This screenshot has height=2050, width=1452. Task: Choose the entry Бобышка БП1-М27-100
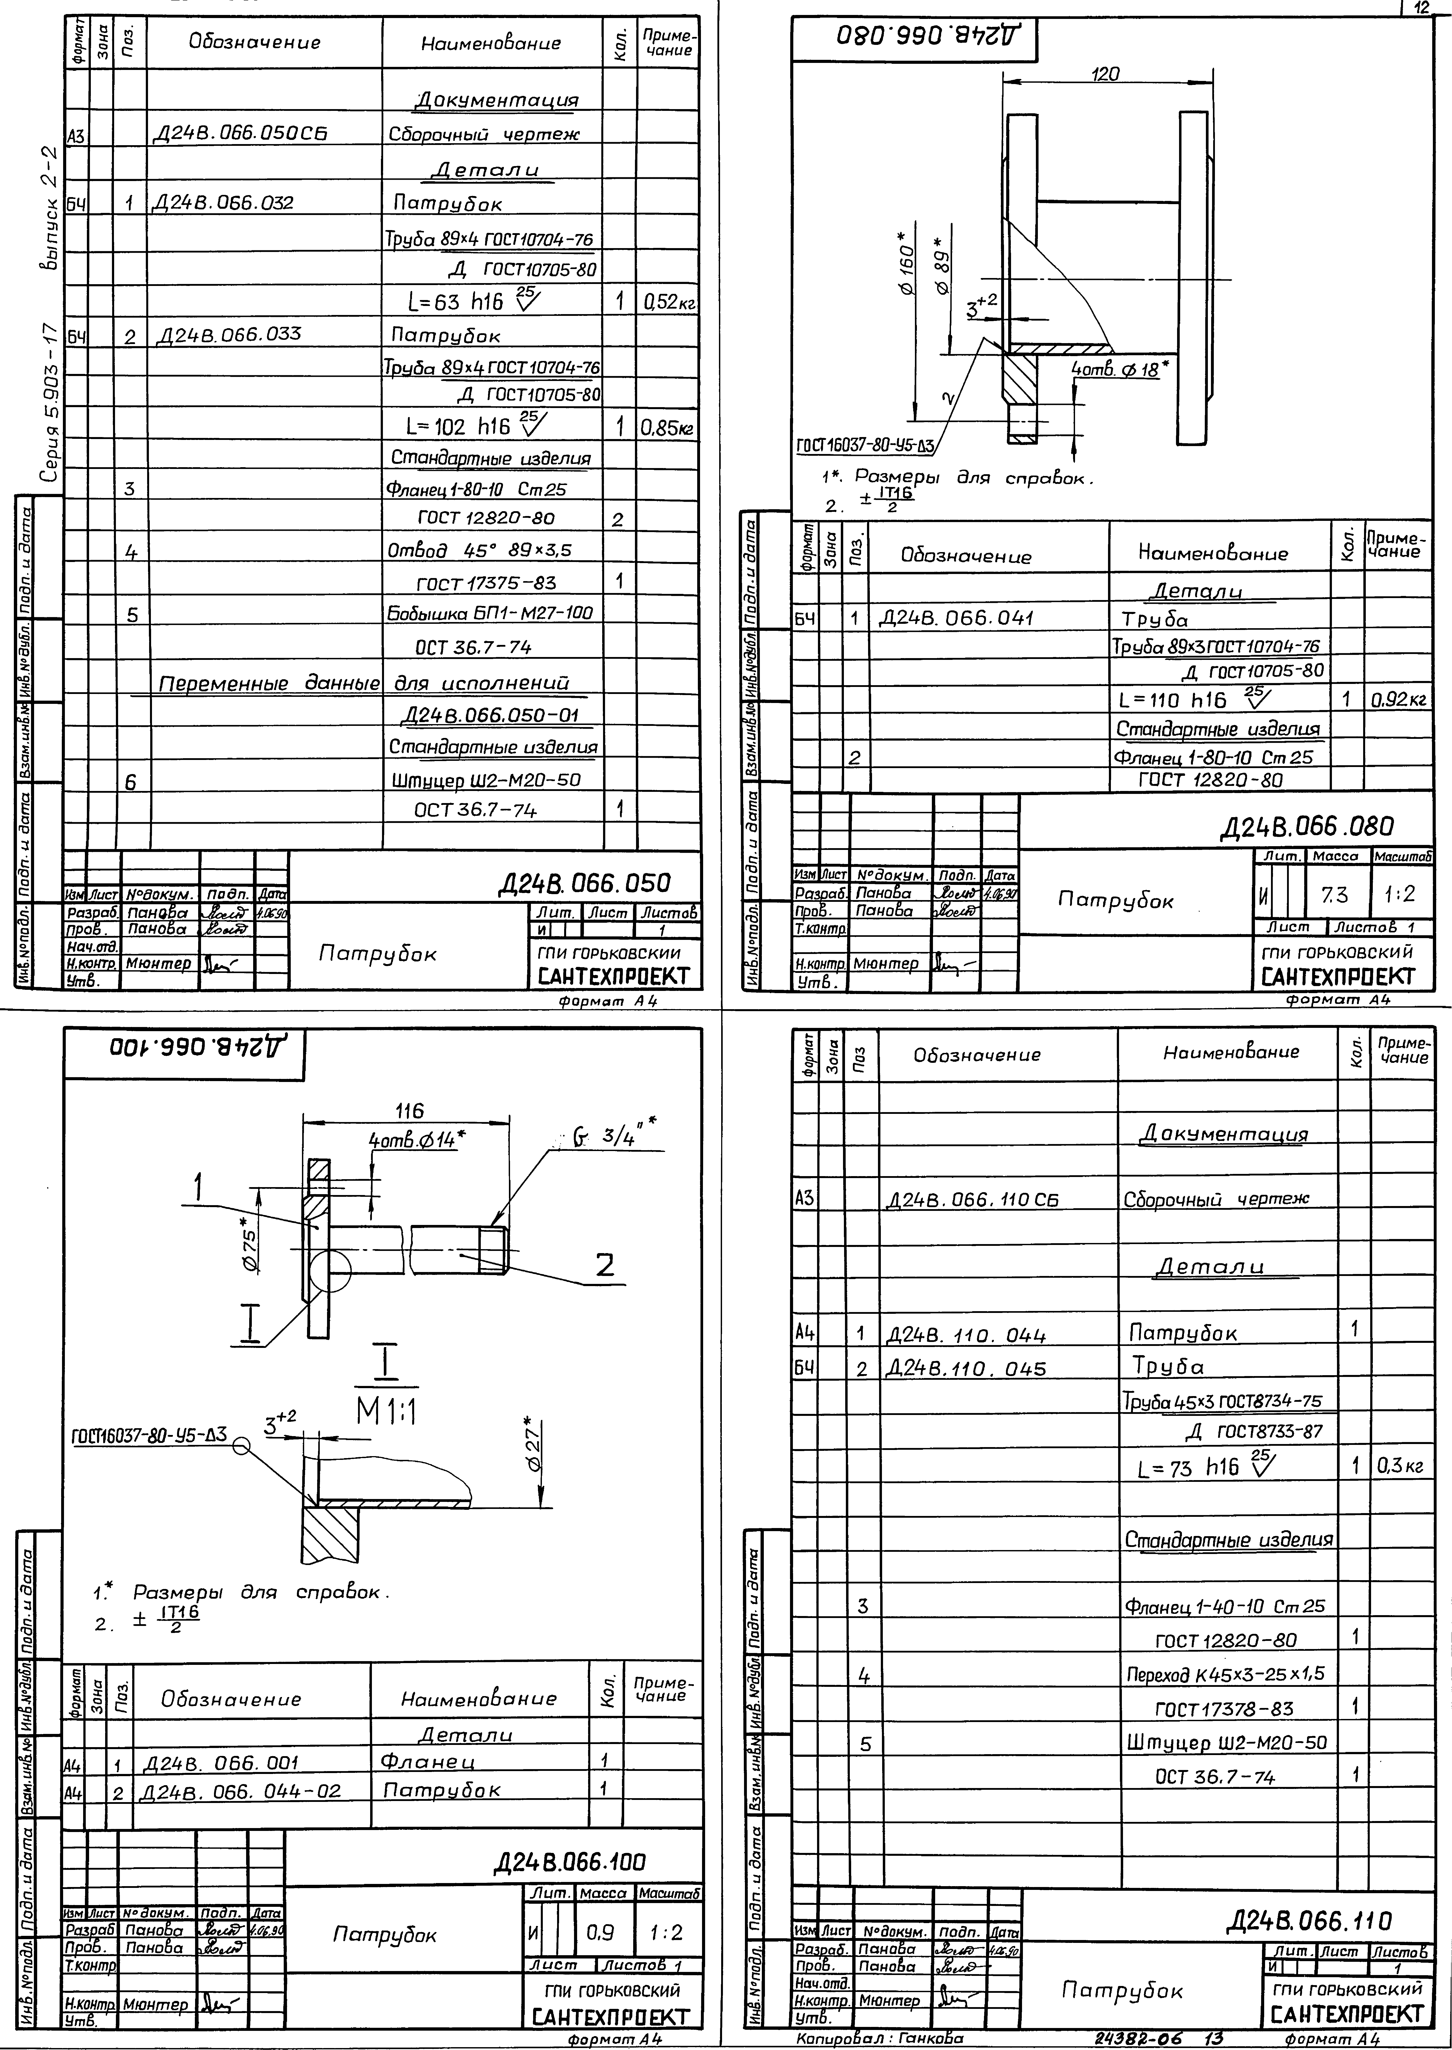(490, 613)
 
